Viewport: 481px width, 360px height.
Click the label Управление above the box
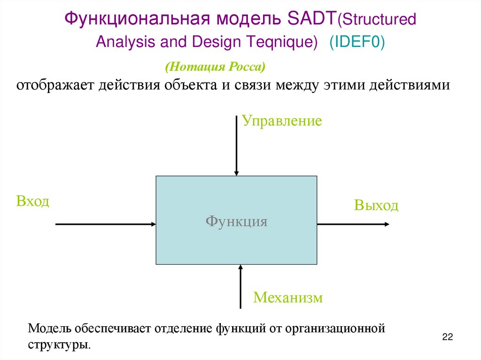tap(282, 121)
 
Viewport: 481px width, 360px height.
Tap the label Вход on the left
tap(32, 201)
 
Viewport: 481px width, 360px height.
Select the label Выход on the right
tap(376, 206)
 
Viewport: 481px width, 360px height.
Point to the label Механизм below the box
tap(288, 298)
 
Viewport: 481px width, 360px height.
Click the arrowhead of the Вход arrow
tap(153, 224)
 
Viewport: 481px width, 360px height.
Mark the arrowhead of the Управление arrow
tap(236, 173)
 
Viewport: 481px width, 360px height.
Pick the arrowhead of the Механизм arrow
tap(240, 268)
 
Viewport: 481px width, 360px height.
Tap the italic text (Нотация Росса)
tap(215, 67)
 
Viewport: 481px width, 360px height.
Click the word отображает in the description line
tap(54, 86)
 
